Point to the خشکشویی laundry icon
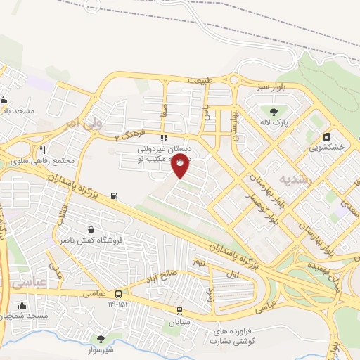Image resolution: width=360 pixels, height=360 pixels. (326, 136)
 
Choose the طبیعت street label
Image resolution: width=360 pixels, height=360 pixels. (199, 81)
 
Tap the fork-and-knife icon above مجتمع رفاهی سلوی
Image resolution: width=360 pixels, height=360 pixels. (42, 149)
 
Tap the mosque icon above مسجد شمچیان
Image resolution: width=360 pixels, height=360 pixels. (24, 306)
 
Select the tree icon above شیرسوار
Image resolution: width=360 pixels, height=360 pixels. (101, 338)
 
